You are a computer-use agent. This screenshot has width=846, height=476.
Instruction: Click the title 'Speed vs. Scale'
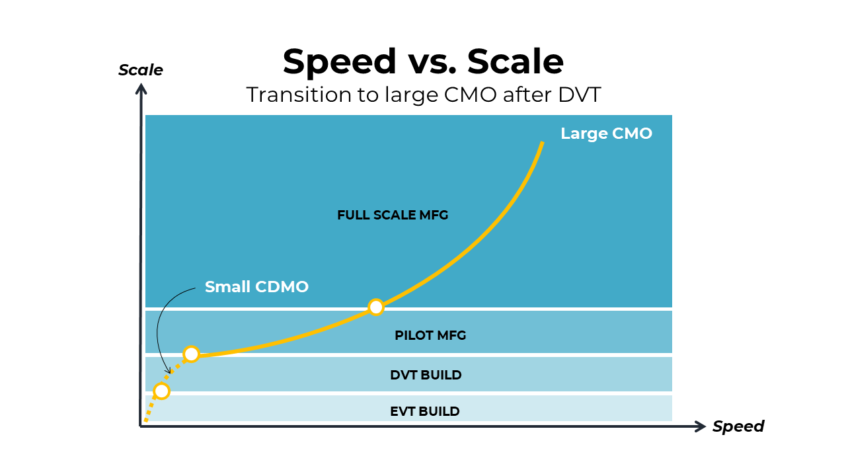pos(423,61)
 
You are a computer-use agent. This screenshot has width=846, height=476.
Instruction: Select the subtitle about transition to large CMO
pos(423,95)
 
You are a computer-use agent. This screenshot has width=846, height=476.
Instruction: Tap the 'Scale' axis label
pos(140,70)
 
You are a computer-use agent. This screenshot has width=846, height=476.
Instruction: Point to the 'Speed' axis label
pos(738,426)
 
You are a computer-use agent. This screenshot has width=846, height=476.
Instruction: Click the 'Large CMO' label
pos(606,134)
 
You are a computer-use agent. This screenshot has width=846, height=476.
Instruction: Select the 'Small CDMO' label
pos(256,287)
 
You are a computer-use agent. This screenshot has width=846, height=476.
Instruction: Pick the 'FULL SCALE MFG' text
pos(393,216)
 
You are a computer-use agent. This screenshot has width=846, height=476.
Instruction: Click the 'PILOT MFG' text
pos(430,335)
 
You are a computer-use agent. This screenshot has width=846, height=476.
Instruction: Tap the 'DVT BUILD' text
pos(426,375)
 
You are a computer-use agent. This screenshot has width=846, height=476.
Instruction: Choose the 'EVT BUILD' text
pos(424,411)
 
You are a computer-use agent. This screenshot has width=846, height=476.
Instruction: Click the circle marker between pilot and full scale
pos(375,307)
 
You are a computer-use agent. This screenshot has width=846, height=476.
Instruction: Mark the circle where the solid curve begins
pos(191,354)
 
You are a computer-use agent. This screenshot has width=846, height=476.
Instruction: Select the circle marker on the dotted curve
pos(161,391)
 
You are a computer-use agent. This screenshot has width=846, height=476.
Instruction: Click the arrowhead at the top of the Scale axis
pos(141,89)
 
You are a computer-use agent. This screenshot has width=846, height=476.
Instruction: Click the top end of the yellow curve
pos(542,143)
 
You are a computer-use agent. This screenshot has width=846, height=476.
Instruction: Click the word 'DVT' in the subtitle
pos(580,95)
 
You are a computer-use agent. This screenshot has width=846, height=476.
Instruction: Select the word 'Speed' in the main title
pos(340,61)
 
